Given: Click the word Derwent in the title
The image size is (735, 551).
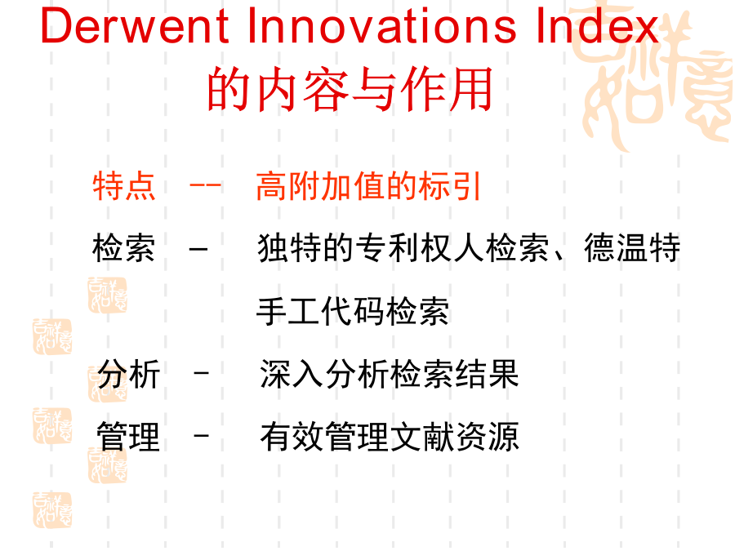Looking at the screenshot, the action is [135, 26].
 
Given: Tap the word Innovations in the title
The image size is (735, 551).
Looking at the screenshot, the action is [381, 26].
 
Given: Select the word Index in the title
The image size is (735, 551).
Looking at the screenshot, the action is [597, 26].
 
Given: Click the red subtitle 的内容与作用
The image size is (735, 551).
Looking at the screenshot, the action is [350, 89].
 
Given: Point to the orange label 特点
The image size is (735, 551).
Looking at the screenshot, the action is [124, 186].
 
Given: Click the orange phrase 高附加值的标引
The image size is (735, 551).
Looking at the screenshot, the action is [368, 186].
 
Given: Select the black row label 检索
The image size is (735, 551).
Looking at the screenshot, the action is [124, 247].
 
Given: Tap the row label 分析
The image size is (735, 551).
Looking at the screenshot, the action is [128, 374].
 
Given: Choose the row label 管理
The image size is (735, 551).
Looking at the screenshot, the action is [128, 437].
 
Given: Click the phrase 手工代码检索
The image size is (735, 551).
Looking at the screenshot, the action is [353, 311].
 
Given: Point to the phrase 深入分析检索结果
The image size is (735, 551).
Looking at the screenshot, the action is [389, 374].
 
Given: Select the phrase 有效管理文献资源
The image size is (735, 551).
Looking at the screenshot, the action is [389, 437].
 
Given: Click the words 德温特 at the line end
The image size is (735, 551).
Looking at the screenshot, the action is [632, 247].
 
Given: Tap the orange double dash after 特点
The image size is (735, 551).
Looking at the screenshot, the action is [205, 185].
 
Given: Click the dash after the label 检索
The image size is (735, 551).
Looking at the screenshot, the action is [198, 248].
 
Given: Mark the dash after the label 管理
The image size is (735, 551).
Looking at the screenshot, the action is [202, 436].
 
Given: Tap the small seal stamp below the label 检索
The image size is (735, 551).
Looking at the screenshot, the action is [107, 295].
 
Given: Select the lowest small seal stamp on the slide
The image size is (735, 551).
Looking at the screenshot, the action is [52, 510].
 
